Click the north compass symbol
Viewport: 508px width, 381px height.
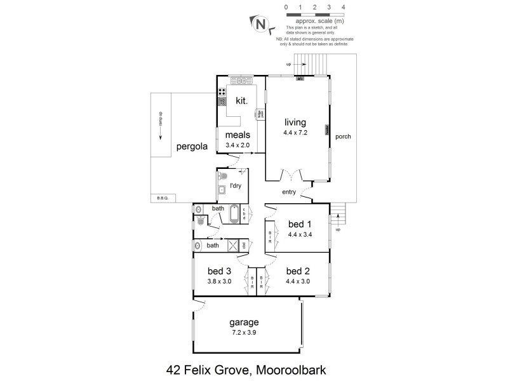(x=260, y=24)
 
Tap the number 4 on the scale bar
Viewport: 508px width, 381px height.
(x=344, y=7)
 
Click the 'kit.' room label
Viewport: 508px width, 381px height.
(x=241, y=100)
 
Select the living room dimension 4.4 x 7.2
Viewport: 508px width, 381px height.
(x=295, y=133)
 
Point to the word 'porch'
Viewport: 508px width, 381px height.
(x=343, y=137)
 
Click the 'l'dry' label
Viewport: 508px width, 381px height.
(x=236, y=185)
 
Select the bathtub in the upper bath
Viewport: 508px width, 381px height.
(x=234, y=214)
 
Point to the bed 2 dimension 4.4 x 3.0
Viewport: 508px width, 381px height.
(x=297, y=281)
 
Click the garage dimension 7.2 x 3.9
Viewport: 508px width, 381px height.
(x=245, y=332)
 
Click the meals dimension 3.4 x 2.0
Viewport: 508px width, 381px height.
(x=238, y=145)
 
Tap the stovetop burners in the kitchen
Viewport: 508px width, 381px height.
(x=222, y=96)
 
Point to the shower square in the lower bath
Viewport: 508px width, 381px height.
(x=233, y=245)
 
